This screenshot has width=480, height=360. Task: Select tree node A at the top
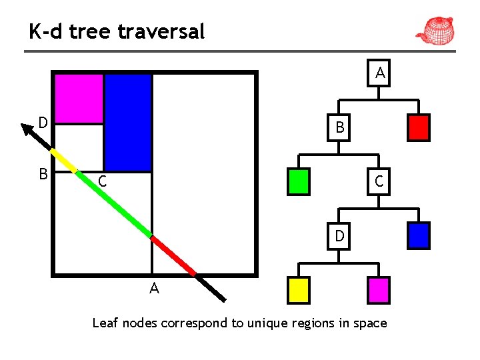pos(379,73)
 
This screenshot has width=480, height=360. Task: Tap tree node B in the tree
pos(339,127)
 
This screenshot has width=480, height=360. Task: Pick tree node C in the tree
pos(378,181)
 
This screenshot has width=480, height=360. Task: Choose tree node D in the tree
pos(339,237)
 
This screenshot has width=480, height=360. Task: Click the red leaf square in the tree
pos(418,127)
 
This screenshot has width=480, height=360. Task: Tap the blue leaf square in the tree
pos(418,235)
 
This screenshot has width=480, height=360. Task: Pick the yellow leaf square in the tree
pos(298,290)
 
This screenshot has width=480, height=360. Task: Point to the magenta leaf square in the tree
pos(378,290)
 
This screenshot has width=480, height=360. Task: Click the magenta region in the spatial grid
pos(79,99)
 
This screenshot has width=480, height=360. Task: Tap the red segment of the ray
pos(173,255)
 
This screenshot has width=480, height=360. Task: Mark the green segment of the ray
pos(113,203)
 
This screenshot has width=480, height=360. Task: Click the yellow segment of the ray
pos(63,160)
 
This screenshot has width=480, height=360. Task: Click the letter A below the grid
pos(154,289)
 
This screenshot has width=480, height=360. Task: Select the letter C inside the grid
pos(101,181)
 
